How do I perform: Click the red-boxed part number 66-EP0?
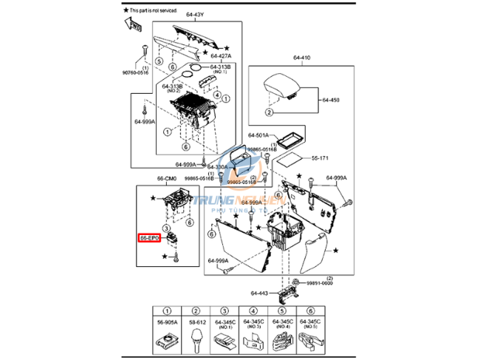(x=150, y=239)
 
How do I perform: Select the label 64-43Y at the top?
(x=195, y=14)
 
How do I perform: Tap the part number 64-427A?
(x=221, y=55)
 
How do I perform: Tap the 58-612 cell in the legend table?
(x=197, y=322)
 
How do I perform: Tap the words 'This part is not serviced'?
(x=157, y=11)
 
